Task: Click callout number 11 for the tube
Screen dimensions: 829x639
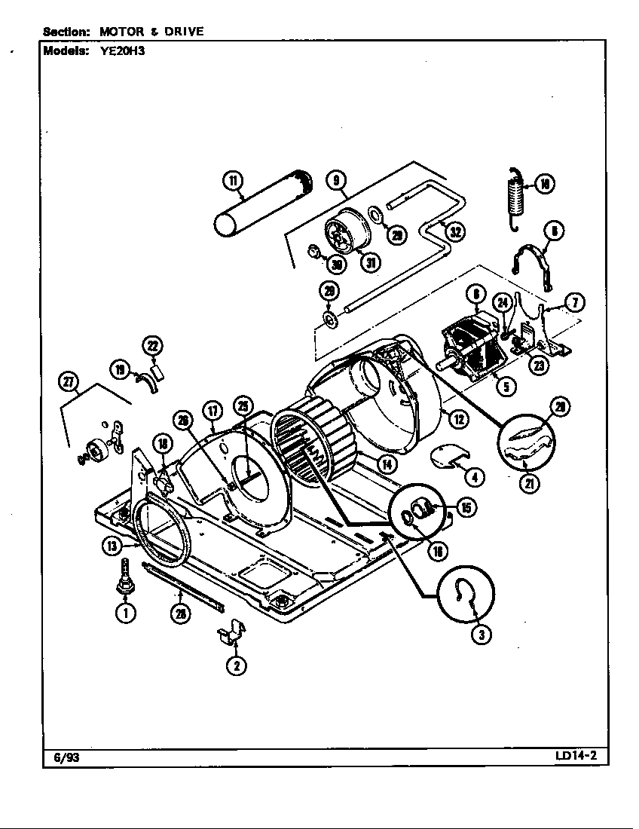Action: pyautogui.click(x=233, y=180)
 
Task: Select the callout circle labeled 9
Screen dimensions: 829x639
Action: pyautogui.click(x=336, y=180)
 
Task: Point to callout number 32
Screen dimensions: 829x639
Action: pyautogui.click(x=455, y=231)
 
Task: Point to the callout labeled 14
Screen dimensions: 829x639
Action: pyautogui.click(x=387, y=463)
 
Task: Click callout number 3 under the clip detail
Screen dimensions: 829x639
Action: pyautogui.click(x=482, y=635)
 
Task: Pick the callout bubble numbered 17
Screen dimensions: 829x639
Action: pyautogui.click(x=213, y=411)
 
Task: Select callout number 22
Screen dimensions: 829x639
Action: pyautogui.click(x=153, y=346)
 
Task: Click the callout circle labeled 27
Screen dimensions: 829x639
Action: pyautogui.click(x=69, y=383)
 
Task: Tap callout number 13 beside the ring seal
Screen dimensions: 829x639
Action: pyautogui.click(x=112, y=546)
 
